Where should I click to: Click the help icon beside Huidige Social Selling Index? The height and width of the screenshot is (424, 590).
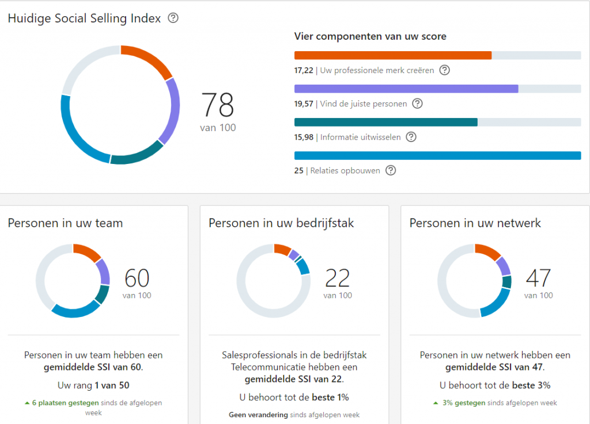click(173, 18)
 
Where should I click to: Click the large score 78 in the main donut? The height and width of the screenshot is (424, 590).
click(218, 105)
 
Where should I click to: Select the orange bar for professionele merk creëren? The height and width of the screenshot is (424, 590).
click(392, 55)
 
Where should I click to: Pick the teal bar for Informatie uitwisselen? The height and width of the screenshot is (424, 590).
click(385, 122)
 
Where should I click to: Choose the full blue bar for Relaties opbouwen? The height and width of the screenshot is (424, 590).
click(437, 155)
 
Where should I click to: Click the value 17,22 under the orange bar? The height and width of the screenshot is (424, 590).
click(304, 70)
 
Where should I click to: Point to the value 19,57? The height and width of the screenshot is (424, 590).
click(304, 104)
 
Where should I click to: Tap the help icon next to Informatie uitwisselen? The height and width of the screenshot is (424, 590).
click(411, 137)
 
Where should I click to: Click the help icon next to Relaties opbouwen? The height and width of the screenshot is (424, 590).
click(391, 170)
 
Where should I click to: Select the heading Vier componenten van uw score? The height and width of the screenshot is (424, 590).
click(370, 36)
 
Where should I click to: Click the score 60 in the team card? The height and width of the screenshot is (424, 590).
click(137, 278)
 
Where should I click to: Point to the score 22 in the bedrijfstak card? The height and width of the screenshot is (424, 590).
click(338, 278)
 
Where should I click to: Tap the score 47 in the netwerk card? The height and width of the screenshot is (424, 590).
click(538, 278)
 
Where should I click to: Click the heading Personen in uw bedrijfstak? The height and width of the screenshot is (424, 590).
click(281, 223)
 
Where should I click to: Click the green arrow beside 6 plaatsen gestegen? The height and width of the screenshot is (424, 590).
click(27, 403)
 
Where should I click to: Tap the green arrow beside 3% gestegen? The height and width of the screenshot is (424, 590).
click(436, 403)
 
